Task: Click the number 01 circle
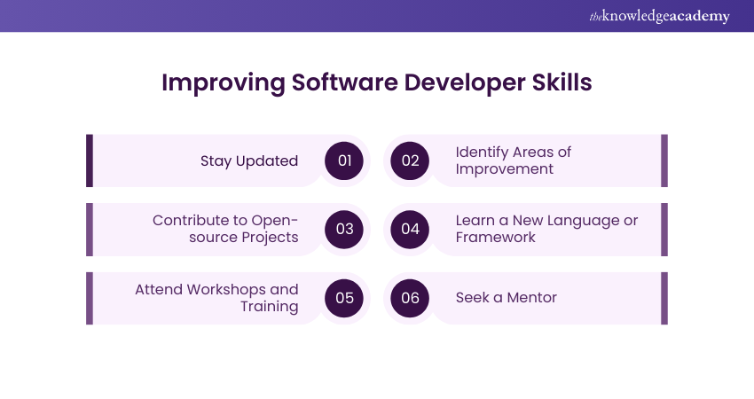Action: pyautogui.click(x=345, y=160)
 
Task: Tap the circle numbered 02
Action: pyautogui.click(x=410, y=160)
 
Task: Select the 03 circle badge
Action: pyautogui.click(x=345, y=229)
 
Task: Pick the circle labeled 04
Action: pyautogui.click(x=410, y=229)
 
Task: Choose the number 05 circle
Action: pyautogui.click(x=345, y=298)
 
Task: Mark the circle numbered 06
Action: pyautogui.click(x=410, y=298)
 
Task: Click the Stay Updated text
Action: pyautogui.click(x=249, y=160)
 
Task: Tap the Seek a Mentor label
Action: pyautogui.click(x=506, y=298)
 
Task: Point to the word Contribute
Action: pyautogui.click(x=189, y=220)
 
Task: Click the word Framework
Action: pyautogui.click(x=495, y=238)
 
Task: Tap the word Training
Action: pyautogui.click(x=269, y=307)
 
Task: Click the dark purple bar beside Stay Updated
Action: pyautogui.click(x=90, y=160)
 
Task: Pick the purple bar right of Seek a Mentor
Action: pyautogui.click(x=664, y=298)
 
